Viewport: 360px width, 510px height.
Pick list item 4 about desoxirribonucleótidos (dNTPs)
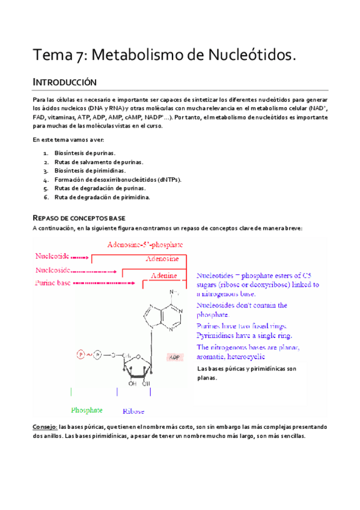[x=118, y=179]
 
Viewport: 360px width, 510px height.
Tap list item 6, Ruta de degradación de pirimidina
[x=102, y=197]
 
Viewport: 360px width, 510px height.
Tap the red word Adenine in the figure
[x=163, y=275]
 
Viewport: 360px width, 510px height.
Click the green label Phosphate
[x=87, y=410]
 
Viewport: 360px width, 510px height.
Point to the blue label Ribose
[x=133, y=411]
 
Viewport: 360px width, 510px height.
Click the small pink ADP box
[x=175, y=357]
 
